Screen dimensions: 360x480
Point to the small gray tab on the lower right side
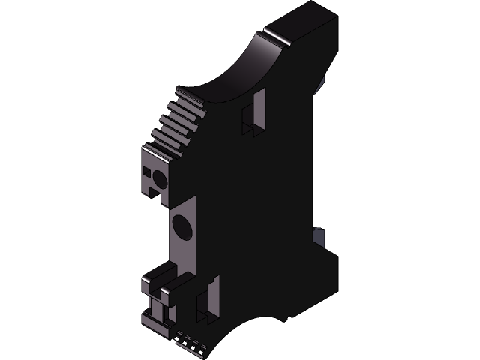pos(318,238)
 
